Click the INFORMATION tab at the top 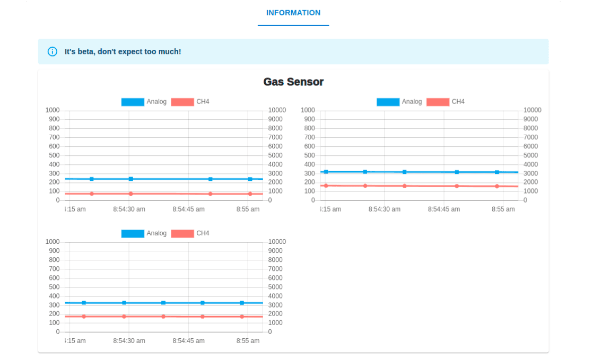tap(293, 13)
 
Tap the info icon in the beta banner tap(53, 51)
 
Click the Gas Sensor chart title tap(293, 82)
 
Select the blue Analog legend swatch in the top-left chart tap(133, 102)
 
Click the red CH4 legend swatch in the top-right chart tap(438, 102)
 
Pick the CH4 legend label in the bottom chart tap(203, 233)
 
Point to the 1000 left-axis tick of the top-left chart tap(53, 110)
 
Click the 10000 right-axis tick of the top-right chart tap(533, 110)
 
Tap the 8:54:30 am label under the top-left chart tap(129, 209)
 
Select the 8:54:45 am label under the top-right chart tap(444, 209)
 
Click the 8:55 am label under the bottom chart tap(248, 341)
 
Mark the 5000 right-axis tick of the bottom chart tap(275, 287)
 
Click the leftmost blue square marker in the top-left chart tap(92, 179)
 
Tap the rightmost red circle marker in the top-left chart tap(250, 194)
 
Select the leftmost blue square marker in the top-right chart tap(326, 172)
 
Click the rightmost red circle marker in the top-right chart tap(497, 186)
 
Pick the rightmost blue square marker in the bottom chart tap(242, 303)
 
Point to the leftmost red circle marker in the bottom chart tap(84, 317)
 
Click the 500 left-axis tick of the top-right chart tap(308, 155)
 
